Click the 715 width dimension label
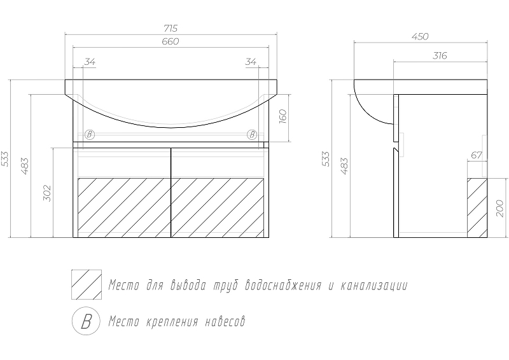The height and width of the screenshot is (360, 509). click(171, 29)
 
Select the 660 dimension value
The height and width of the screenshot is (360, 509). click(171, 41)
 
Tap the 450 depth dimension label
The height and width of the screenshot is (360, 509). click(421, 37)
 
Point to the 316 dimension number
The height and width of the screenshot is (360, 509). click(440, 56)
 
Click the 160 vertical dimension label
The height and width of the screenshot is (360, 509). click(283, 117)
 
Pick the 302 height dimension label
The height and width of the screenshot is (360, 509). click(47, 193)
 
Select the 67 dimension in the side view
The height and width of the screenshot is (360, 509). click(477, 155)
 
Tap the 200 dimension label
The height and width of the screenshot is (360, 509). click(500, 209)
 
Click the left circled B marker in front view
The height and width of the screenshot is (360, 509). click(90, 134)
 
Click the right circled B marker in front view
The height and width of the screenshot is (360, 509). click(252, 134)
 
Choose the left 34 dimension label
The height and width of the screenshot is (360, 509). click(90, 62)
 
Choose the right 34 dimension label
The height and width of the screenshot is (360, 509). click(251, 62)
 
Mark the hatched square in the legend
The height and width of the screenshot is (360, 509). click(87, 284)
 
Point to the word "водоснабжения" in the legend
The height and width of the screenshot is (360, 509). click(284, 286)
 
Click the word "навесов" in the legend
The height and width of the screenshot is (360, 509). click(225, 322)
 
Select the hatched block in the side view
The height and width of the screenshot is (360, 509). click(477, 208)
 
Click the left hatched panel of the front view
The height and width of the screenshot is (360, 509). click(124, 208)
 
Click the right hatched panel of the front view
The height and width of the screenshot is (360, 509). click(218, 208)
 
